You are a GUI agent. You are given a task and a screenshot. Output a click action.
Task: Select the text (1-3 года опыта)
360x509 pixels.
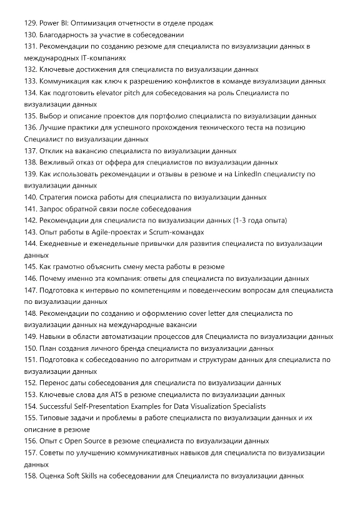(252, 220)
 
